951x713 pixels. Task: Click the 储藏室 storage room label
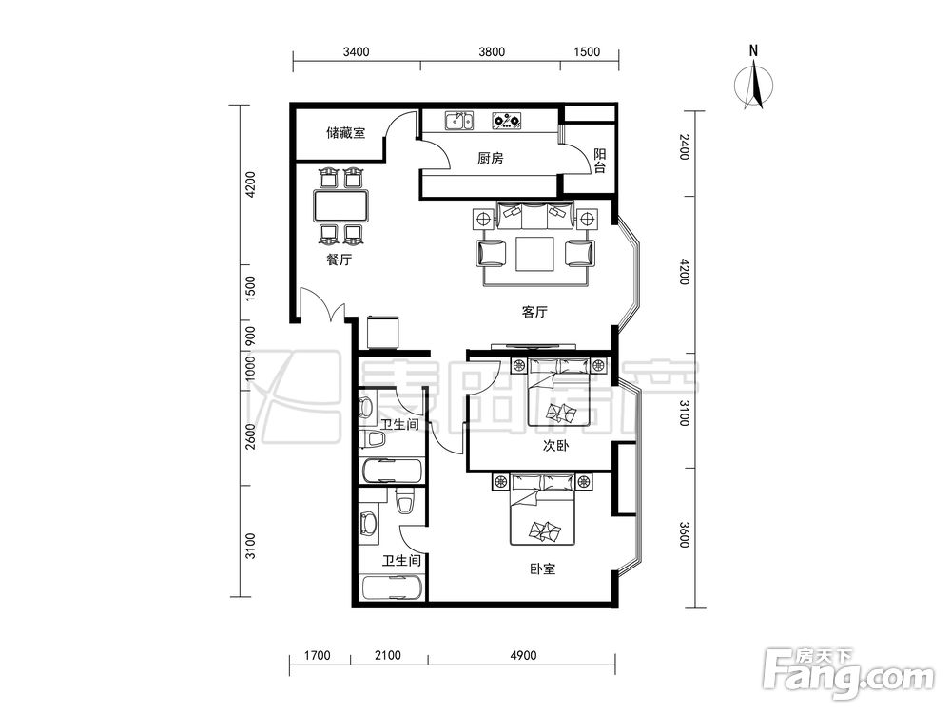[346, 132]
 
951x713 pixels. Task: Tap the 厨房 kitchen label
[490, 159]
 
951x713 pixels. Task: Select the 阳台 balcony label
[599, 161]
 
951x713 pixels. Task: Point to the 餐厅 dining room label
[340, 260]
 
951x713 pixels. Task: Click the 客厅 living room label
[534, 312]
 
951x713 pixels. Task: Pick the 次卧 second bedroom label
[555, 446]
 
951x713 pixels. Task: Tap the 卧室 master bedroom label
[543, 568]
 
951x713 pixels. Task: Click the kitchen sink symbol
[459, 122]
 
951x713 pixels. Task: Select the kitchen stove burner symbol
[507, 122]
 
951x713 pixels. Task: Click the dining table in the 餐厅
[341, 205]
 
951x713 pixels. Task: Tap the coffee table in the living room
[534, 254]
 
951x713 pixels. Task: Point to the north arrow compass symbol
[754, 83]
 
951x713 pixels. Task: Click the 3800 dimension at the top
[492, 51]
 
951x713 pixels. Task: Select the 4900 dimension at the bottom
[523, 655]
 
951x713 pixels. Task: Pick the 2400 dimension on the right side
[684, 147]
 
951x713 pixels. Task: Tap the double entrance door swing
[321, 305]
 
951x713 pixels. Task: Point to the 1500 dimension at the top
[587, 51]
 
